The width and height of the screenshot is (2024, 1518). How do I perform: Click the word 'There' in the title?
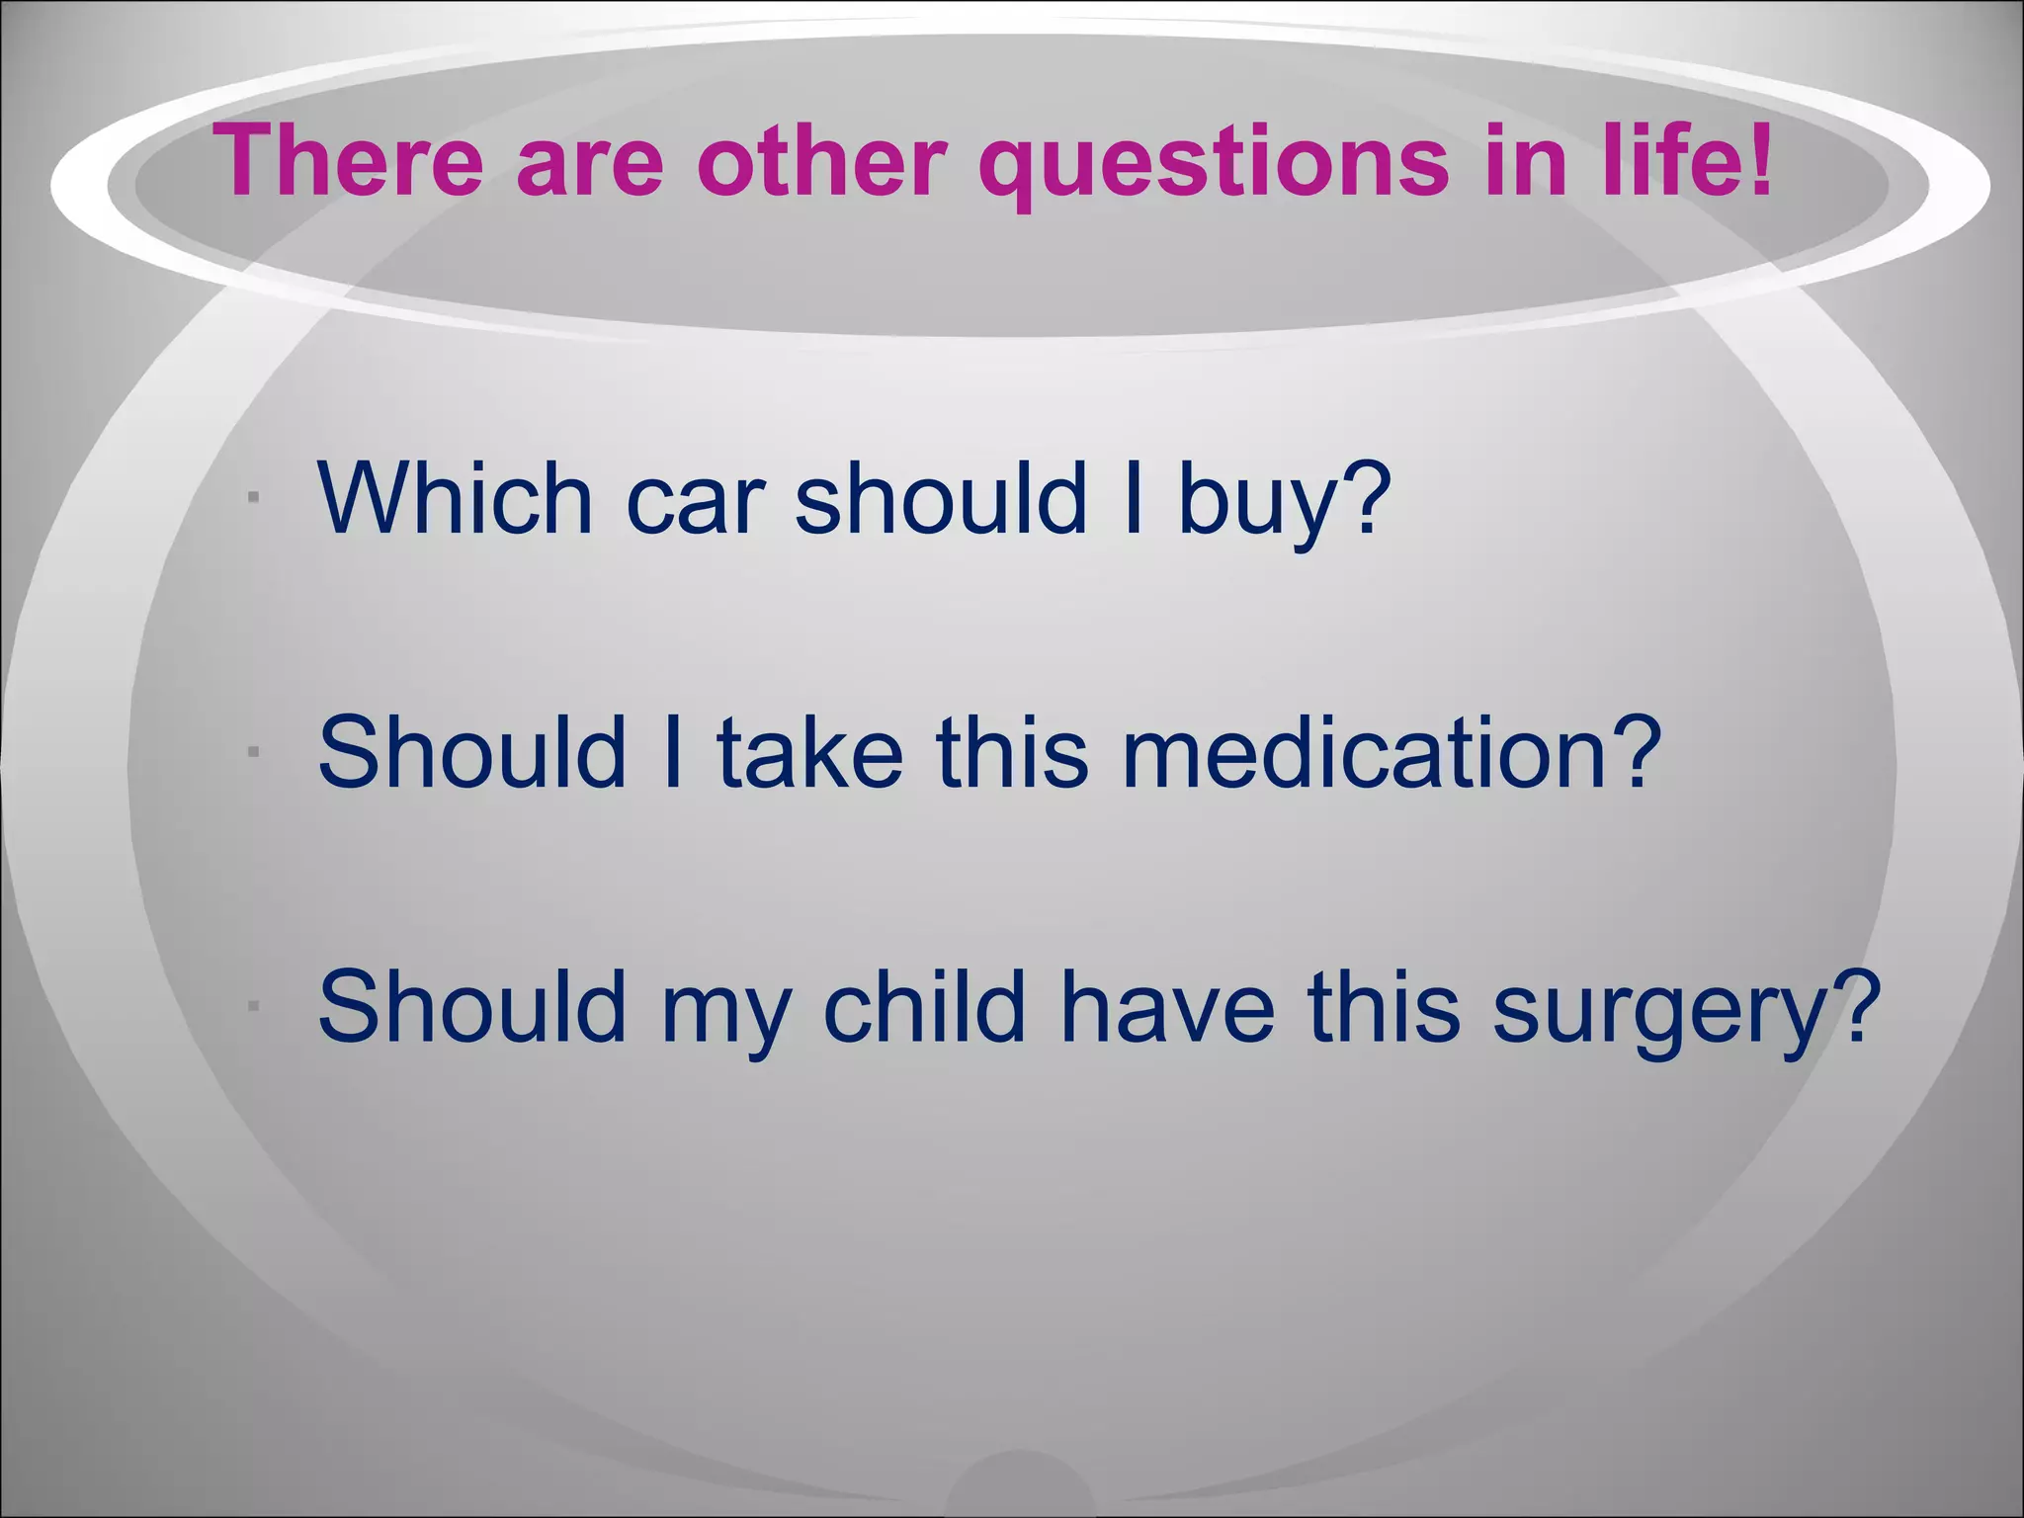pyautogui.click(x=348, y=160)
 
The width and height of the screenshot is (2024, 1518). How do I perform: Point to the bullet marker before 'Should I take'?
pyautogui.click(x=254, y=753)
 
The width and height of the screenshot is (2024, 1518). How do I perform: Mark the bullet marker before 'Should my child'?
pyautogui.click(x=254, y=1007)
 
